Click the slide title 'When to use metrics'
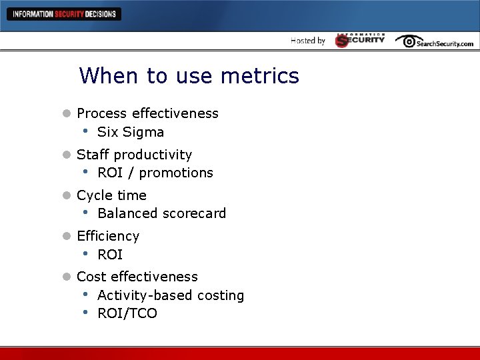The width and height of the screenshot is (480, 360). [x=189, y=76]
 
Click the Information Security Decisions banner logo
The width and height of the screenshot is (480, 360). [x=64, y=14]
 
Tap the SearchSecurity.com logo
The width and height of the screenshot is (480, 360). [x=434, y=41]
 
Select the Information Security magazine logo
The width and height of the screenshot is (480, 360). [x=360, y=40]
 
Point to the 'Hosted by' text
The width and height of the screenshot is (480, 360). [x=308, y=41]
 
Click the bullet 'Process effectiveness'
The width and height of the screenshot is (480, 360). [x=147, y=113]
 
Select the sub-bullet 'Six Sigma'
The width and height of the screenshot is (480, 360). [x=131, y=132]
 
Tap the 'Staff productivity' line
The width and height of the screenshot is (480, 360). [x=134, y=155]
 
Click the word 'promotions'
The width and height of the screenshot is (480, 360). [x=176, y=173]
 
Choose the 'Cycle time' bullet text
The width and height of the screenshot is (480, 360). [x=111, y=195]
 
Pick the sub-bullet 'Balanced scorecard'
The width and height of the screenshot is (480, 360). [x=161, y=213]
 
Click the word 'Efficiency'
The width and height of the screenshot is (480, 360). [x=108, y=236]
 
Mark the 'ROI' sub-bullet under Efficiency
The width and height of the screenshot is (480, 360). [x=110, y=255]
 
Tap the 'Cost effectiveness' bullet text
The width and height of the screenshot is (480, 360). [x=137, y=277]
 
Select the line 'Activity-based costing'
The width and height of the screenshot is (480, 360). [x=171, y=295]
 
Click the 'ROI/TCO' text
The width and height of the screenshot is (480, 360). [x=127, y=313]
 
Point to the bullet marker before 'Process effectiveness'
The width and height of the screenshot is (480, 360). [x=66, y=114]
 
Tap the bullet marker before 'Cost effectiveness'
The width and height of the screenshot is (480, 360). [x=66, y=277]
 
